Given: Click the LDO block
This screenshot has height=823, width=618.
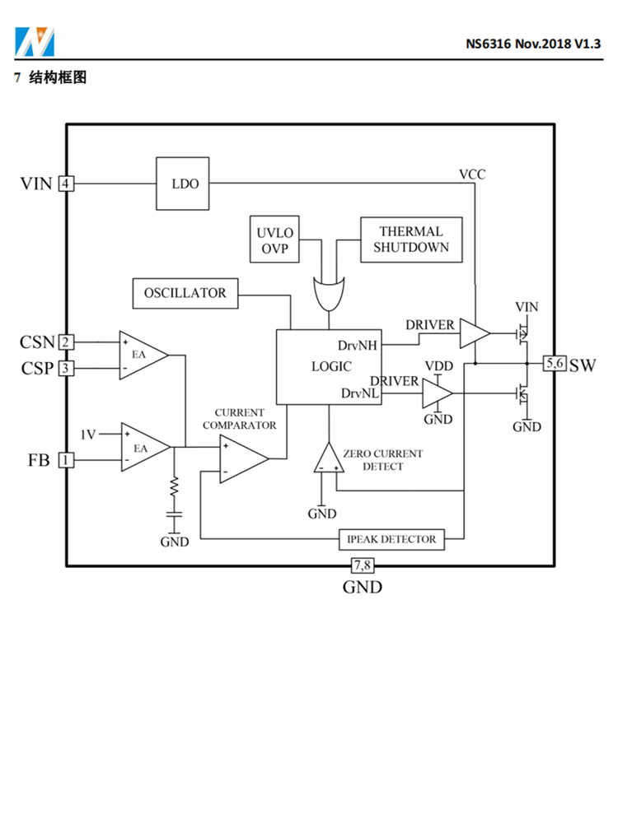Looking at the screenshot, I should pos(185,184).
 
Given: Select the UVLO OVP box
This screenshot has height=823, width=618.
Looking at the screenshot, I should pos(274,239).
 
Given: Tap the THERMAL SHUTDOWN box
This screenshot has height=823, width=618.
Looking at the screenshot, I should pos(410,239).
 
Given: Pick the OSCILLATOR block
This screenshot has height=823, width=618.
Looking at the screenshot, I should pos(185,293).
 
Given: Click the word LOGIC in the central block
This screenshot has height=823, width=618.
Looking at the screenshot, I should pos(331,367).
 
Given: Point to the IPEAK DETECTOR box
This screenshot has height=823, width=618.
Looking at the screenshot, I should pos(391,539).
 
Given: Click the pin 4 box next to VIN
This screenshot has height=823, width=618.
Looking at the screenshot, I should pos(65,184).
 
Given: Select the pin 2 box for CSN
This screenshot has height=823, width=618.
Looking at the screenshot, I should pos(65,342).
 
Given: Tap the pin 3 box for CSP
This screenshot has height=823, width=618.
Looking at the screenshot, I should pos(65,368).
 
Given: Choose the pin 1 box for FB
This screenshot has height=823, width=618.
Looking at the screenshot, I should pos(65,460).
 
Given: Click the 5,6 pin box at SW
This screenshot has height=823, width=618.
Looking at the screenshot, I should pos(554,363).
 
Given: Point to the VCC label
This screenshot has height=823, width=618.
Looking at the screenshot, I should pos(472,174).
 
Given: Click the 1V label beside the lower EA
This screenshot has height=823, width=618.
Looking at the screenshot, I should pos(88,434).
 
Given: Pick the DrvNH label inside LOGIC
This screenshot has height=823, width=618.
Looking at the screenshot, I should pos(358,345).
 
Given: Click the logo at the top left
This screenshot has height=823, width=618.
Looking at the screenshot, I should pos(34,40).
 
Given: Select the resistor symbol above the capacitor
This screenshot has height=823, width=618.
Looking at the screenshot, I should pos(174,488).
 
